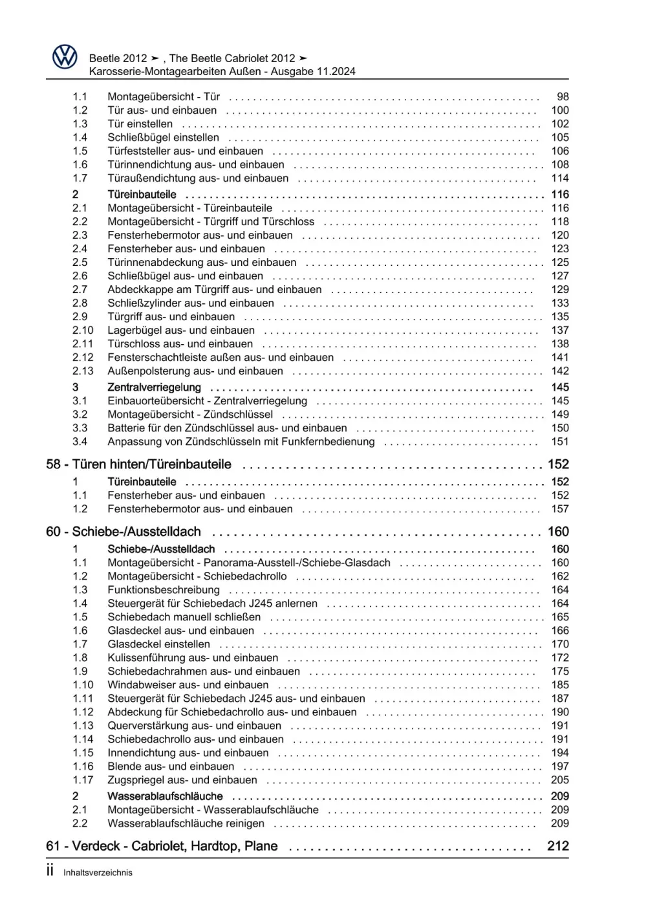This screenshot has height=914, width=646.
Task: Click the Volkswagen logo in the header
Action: click(65, 58)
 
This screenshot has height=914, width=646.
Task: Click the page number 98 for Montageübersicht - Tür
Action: click(563, 96)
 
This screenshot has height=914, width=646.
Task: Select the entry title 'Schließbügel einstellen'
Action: click(163, 137)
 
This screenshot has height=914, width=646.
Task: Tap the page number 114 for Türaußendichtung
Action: click(560, 178)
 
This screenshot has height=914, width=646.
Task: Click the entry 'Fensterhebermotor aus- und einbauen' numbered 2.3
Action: click(200, 235)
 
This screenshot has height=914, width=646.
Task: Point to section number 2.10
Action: click(83, 330)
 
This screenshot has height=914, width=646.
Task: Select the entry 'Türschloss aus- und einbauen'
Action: click(180, 343)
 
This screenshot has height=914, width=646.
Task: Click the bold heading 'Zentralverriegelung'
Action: click(154, 387)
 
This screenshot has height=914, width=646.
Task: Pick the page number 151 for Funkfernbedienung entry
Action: click(560, 441)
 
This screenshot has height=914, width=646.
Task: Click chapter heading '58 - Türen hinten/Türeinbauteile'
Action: click(138, 464)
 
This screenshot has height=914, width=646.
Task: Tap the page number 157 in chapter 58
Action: click(560, 509)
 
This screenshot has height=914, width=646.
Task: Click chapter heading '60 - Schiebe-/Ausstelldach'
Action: click(124, 532)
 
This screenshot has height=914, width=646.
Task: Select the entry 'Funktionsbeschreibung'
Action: click(164, 590)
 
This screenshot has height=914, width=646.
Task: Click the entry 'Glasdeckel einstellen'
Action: click(158, 644)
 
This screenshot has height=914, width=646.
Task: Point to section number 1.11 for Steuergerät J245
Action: click(83, 699)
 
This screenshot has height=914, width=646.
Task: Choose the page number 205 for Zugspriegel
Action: click(560, 780)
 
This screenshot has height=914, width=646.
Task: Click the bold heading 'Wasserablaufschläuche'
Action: click(165, 796)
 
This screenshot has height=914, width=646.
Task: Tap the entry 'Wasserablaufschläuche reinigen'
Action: click(186, 823)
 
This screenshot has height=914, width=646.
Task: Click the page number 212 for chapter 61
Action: click(557, 846)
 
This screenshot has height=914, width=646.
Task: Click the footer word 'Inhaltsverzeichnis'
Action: click(98, 873)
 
